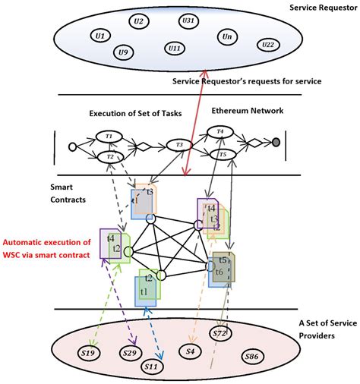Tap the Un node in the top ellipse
(x=226, y=36)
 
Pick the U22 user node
(x=267, y=45)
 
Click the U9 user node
(x=123, y=52)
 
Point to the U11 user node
(x=175, y=49)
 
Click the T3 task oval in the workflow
(x=179, y=144)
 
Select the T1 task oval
(x=109, y=136)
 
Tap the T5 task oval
(x=221, y=155)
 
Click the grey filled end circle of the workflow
(x=276, y=143)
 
